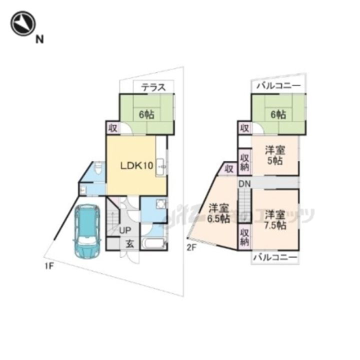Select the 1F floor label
tap(48, 266)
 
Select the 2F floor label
tap(191, 247)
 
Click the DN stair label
tap(244, 184)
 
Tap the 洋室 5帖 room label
tap(274, 155)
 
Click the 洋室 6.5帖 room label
tap(218, 213)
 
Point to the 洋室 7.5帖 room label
tap(274, 219)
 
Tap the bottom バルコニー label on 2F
tap(275, 257)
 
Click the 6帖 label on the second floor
tap(278, 114)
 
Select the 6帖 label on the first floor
tap(146, 114)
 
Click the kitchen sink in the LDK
tap(161, 164)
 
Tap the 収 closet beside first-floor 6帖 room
tap(112, 128)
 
